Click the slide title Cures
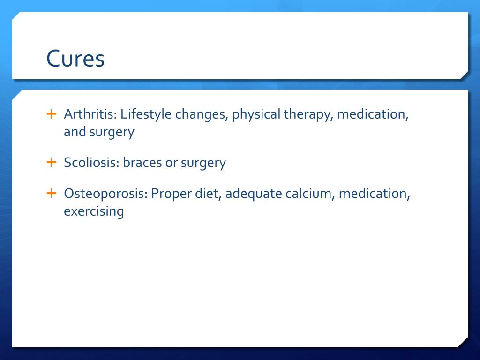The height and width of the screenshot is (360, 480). pos(75,58)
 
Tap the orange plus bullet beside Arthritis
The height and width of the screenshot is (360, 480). pos(52,114)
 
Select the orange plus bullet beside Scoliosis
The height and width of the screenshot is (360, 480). pos(52,162)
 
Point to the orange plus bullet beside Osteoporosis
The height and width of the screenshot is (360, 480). pos(52,193)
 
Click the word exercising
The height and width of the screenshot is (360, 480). pos(94,211)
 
